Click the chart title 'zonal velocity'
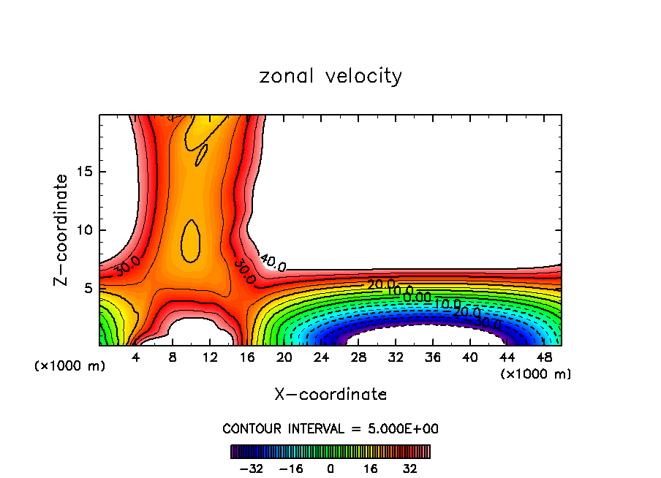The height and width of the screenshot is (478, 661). [330, 76]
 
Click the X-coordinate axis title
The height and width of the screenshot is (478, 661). [330, 395]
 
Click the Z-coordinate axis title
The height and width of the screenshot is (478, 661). [61, 229]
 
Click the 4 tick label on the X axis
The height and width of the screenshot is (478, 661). [135, 357]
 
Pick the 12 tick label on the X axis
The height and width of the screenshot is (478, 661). [209, 357]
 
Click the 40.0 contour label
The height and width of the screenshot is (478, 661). [272, 262]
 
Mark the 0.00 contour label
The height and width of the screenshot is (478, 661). [417, 297]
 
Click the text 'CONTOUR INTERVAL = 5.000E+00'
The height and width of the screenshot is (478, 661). [330, 428]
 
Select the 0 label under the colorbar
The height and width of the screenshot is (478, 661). [330, 468]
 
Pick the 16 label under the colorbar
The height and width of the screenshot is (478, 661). [370, 468]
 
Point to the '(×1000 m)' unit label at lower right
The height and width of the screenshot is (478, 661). [536, 374]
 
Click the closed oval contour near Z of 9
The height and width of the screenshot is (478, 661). [191, 240]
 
